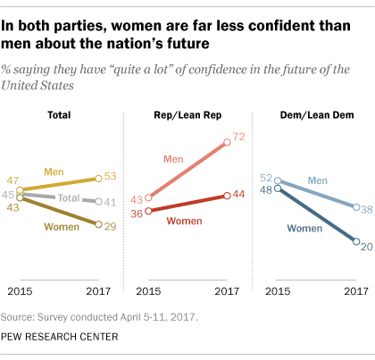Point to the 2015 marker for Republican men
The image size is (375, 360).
click(148, 197)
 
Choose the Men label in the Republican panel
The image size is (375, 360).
click(173, 159)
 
